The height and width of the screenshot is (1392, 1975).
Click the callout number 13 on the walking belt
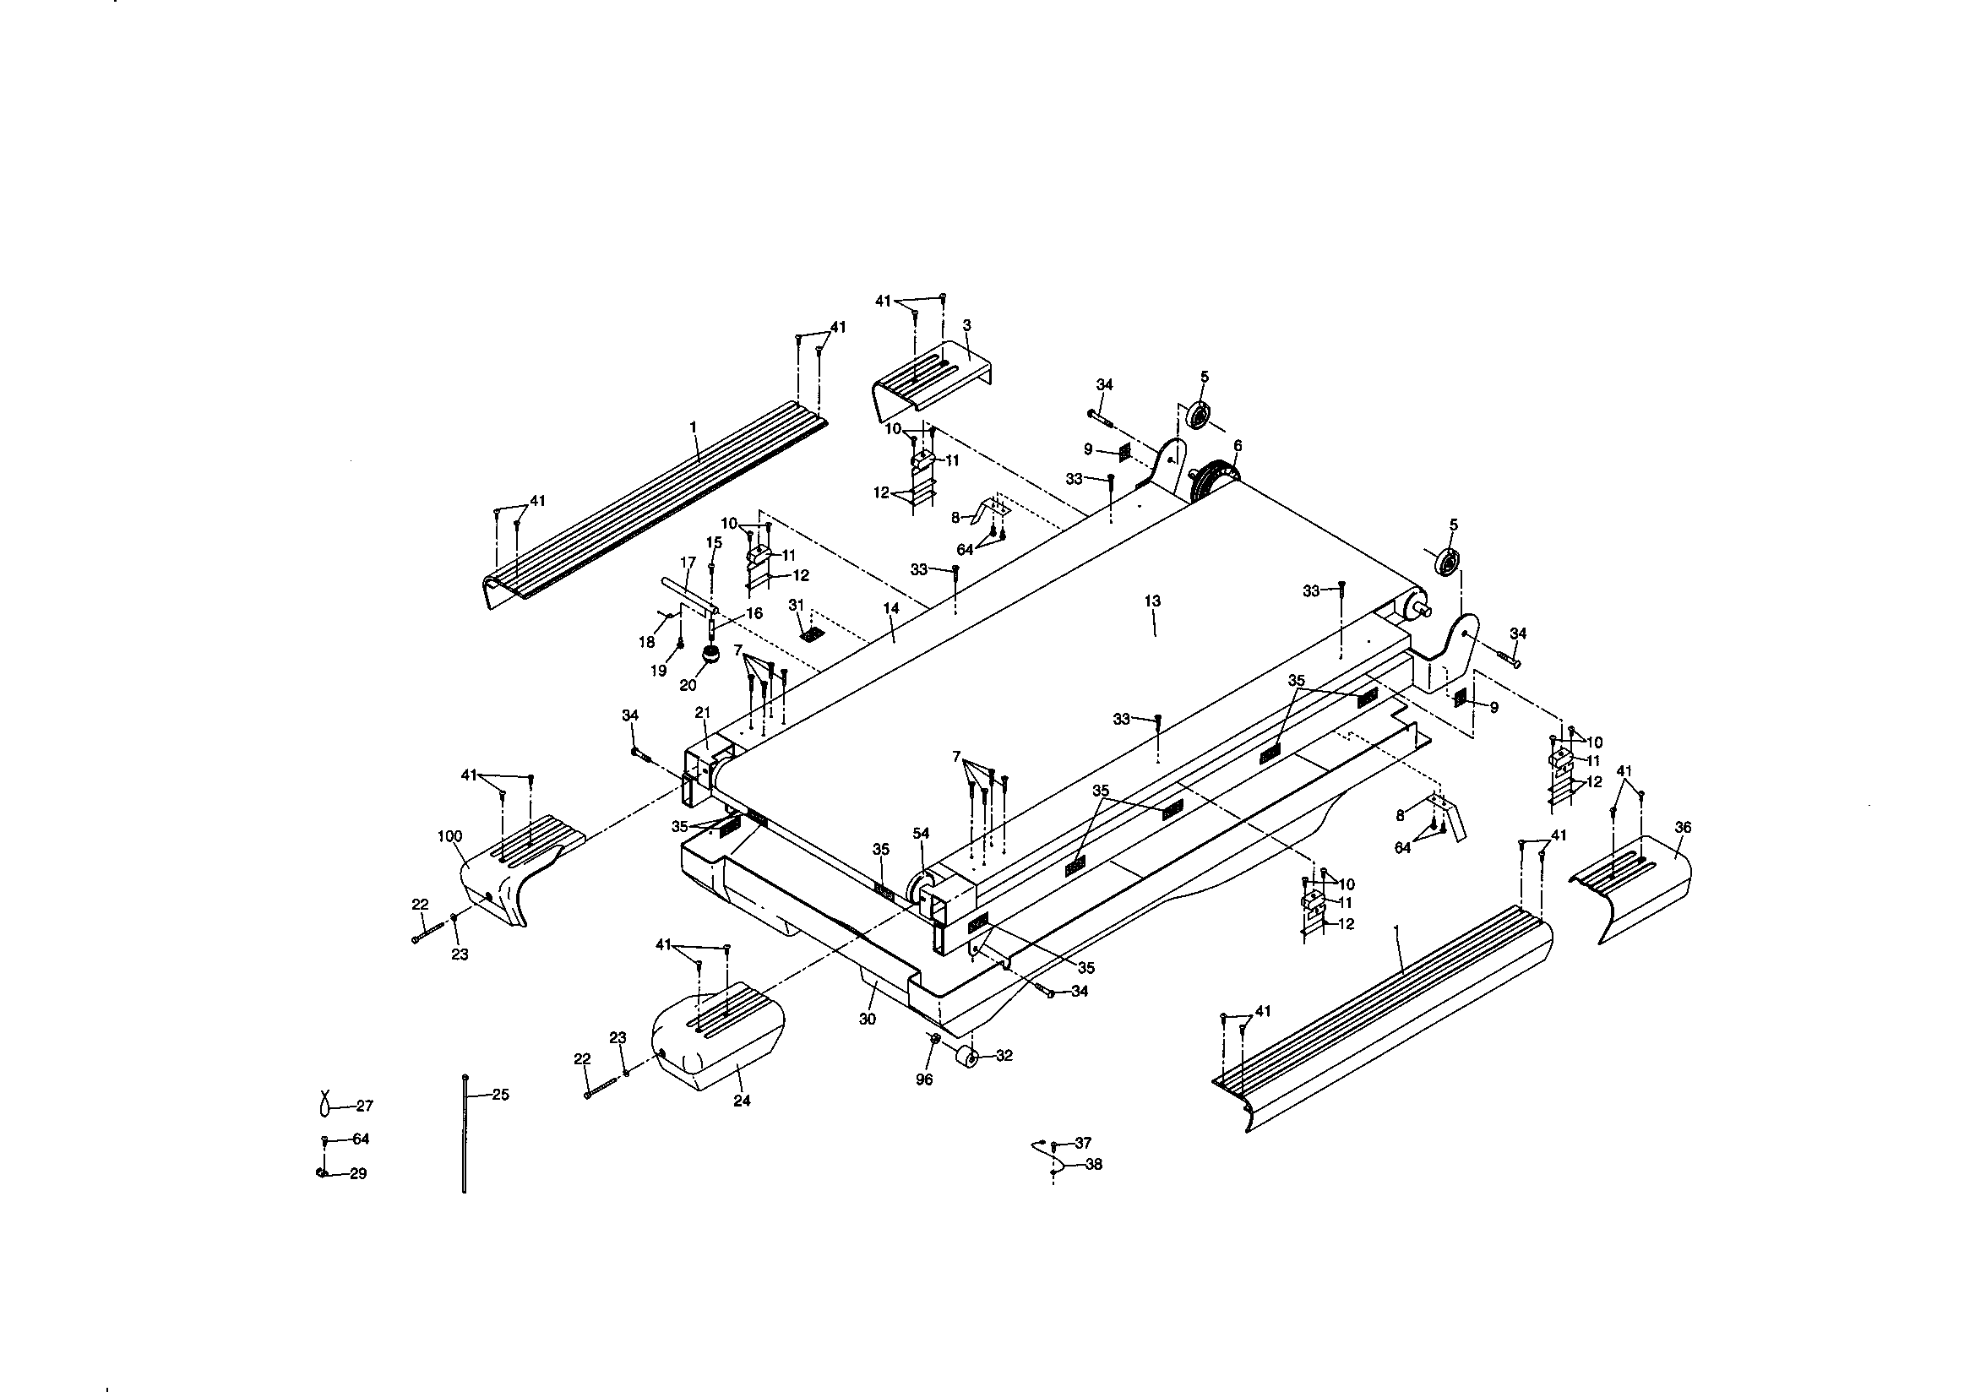(1153, 601)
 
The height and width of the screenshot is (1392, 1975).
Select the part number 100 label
(449, 835)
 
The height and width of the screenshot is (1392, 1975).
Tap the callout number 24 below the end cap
(742, 1101)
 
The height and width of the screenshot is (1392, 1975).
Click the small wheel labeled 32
(968, 1058)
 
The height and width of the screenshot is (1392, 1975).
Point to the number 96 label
(924, 1079)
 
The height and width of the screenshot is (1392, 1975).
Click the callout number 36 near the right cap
(1683, 827)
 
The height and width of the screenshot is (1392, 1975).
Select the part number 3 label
(966, 325)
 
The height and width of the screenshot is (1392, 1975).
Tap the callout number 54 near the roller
(922, 833)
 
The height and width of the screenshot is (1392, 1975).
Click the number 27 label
(365, 1106)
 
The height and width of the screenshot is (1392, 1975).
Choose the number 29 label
(358, 1173)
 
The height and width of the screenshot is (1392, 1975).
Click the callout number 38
(1093, 1164)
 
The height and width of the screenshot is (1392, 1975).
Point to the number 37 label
(1083, 1143)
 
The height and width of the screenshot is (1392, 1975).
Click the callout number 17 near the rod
(688, 563)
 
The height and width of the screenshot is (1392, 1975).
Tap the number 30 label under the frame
(867, 1019)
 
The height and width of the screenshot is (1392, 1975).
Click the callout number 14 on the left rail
(891, 608)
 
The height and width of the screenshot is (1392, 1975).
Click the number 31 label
(796, 605)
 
